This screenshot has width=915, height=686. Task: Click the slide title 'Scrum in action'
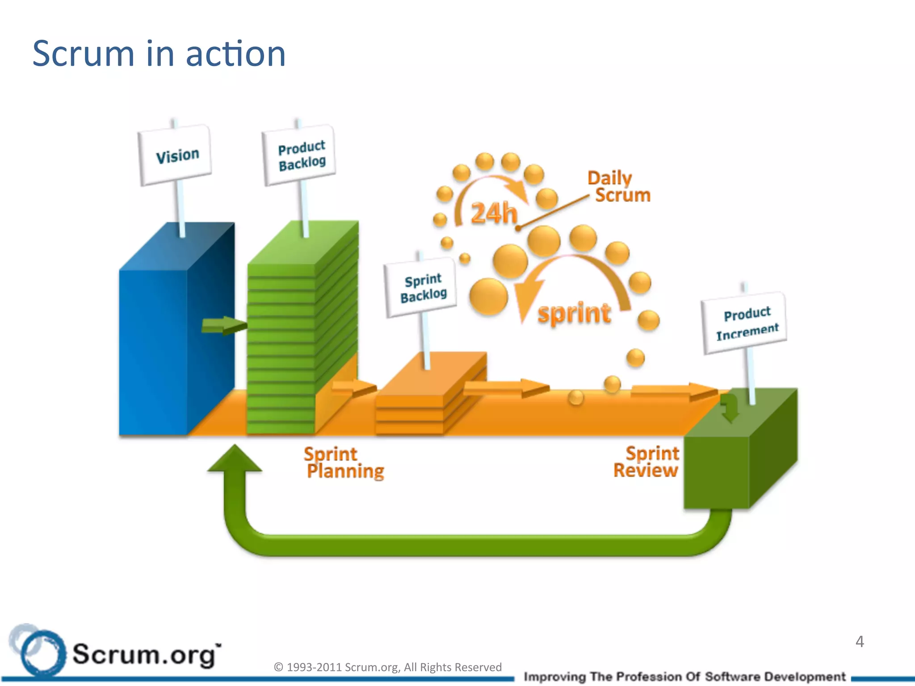point(159,54)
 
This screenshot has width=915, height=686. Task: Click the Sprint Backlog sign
point(422,287)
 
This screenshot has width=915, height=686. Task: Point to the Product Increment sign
point(746,322)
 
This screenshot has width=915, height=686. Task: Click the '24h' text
point(493,213)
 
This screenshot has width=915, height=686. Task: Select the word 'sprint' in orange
point(574,313)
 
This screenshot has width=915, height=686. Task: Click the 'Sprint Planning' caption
point(343,463)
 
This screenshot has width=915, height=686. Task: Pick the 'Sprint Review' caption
point(647,462)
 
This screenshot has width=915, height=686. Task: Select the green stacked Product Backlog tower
point(281,348)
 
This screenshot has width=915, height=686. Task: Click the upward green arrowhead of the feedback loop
point(235,460)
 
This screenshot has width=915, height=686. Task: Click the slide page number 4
point(860,642)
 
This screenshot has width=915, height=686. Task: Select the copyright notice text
point(387,667)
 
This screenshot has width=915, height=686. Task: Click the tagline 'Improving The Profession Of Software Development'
point(684,677)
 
